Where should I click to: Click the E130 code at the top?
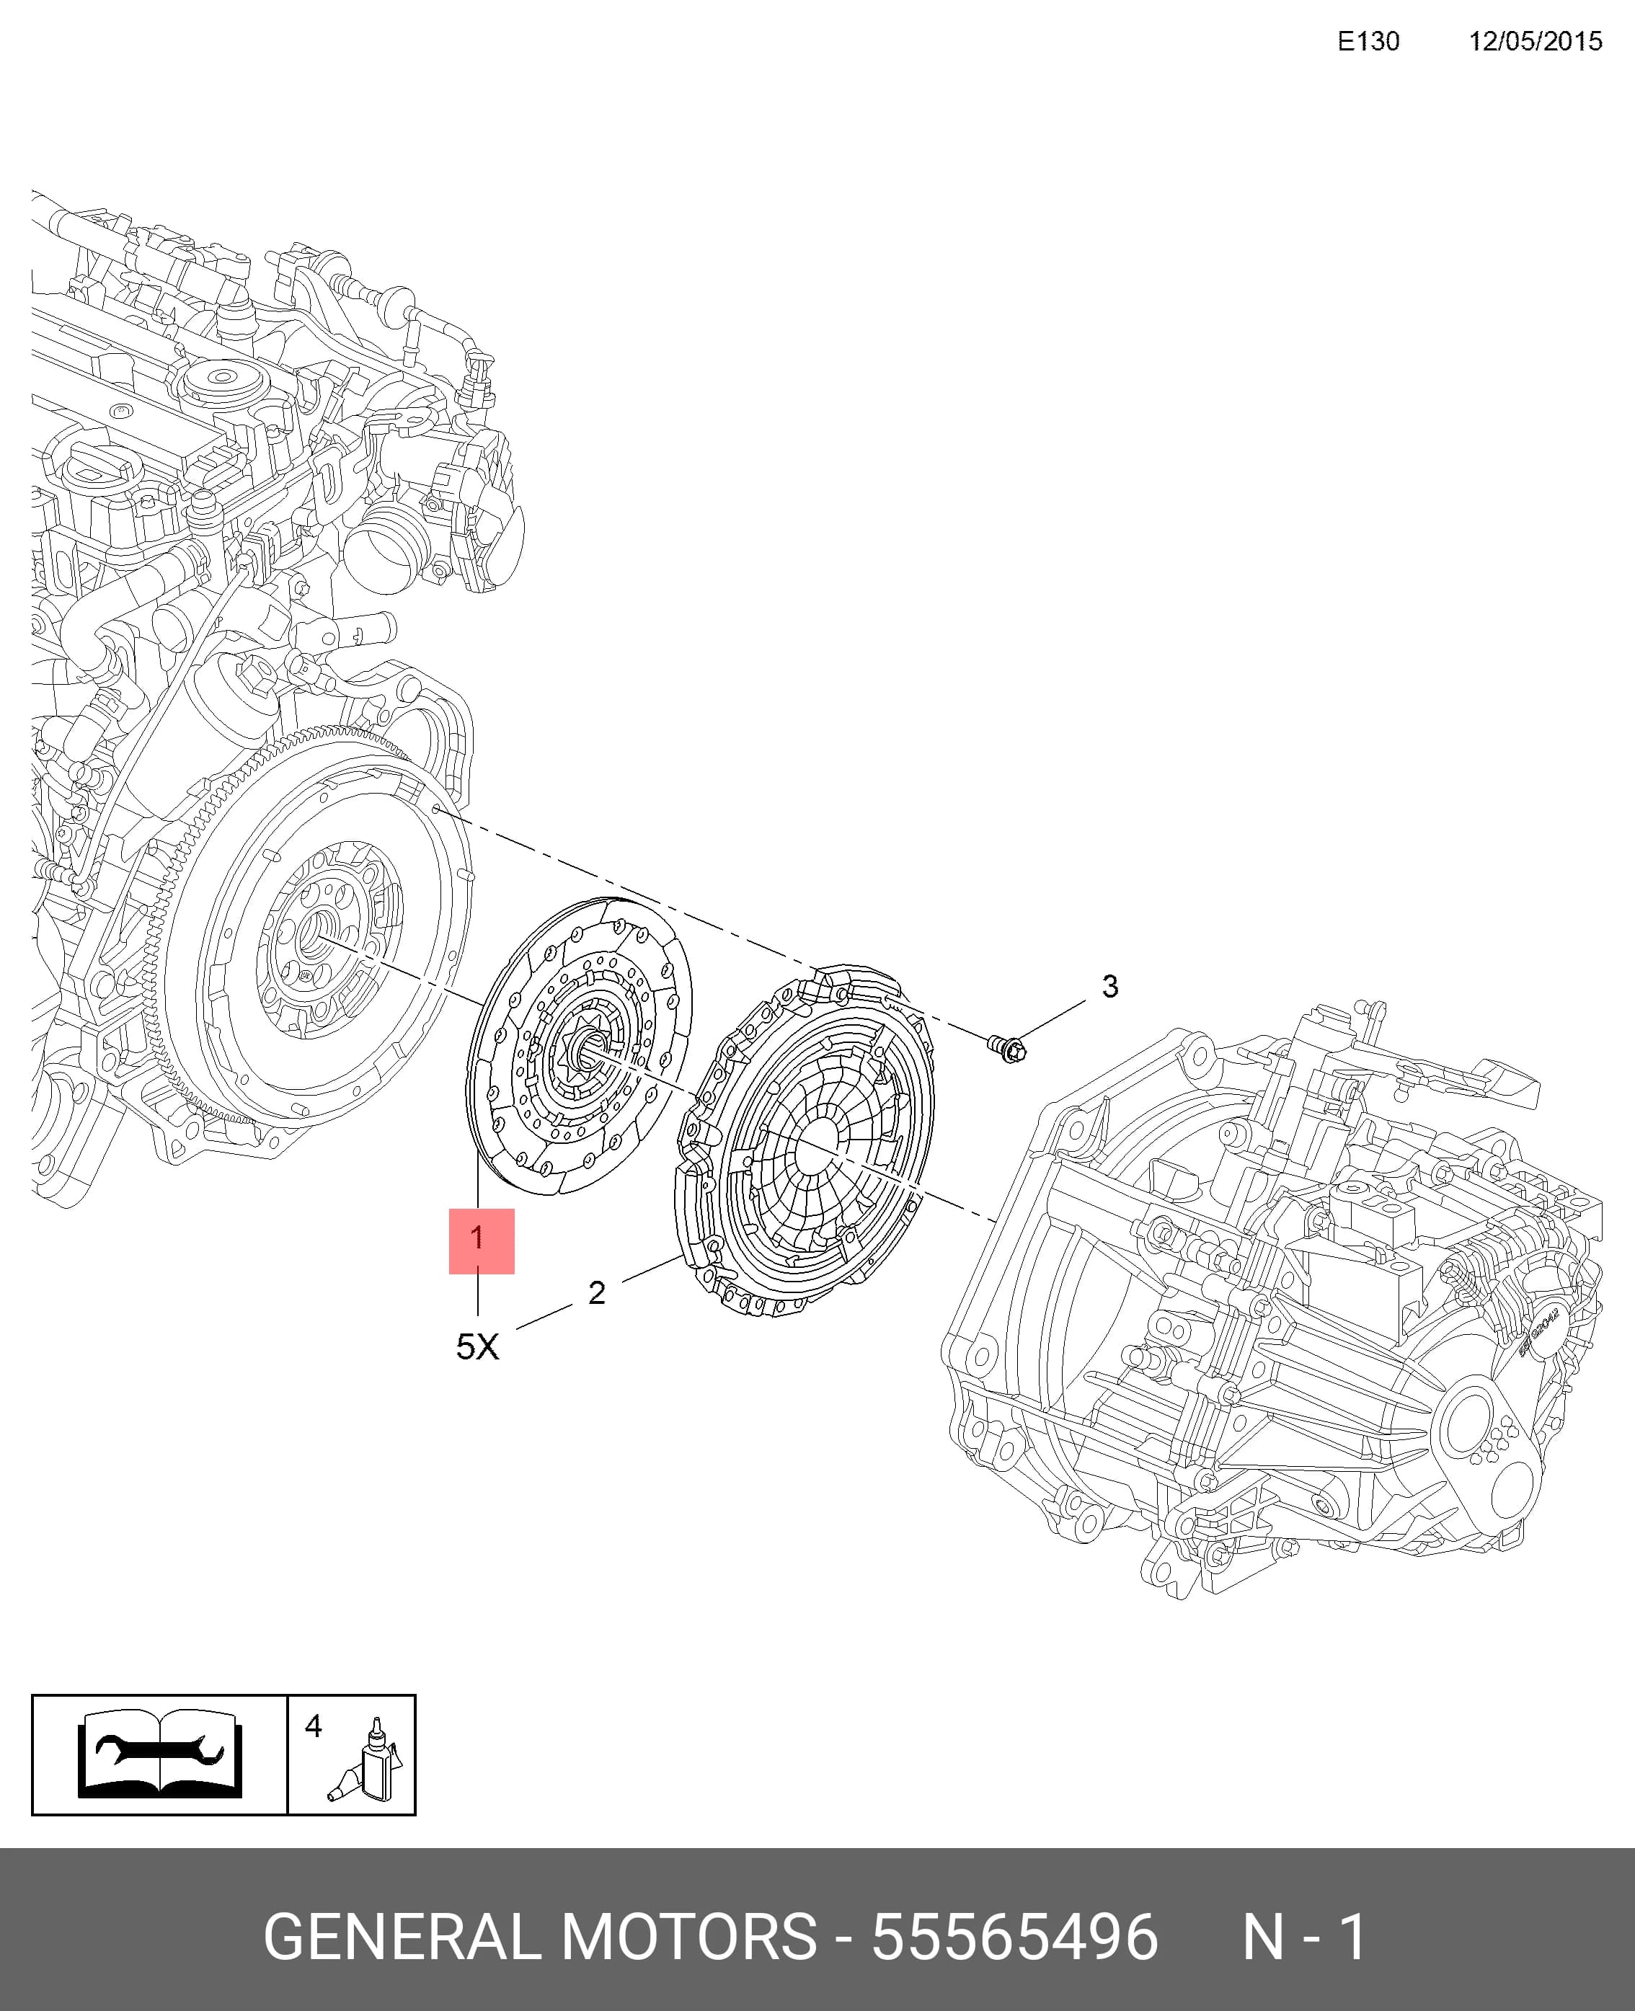[1368, 41]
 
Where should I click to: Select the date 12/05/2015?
[1536, 41]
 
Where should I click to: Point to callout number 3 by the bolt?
[1110, 986]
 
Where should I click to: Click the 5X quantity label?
[477, 1346]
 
